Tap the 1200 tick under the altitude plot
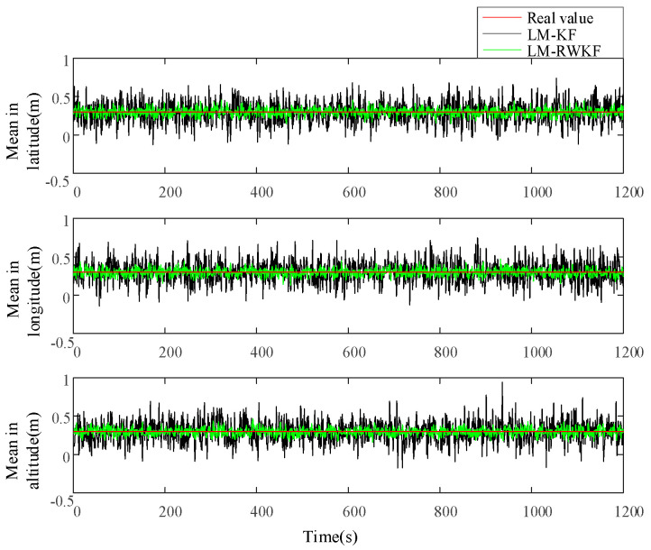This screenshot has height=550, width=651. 621,511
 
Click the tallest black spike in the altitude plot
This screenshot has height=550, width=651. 502,383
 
